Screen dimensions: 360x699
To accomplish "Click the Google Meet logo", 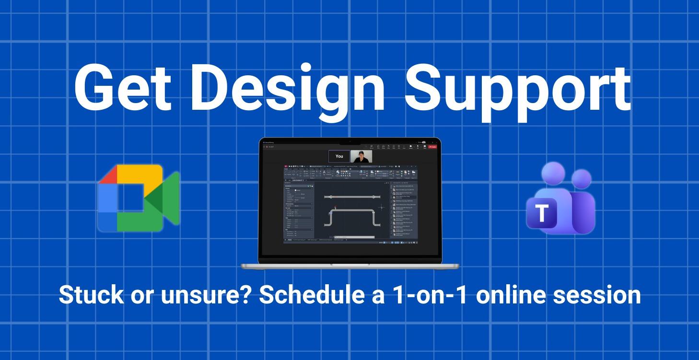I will pyautogui.click(x=138, y=198).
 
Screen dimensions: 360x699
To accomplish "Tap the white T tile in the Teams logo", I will pyautogui.click(x=542, y=213).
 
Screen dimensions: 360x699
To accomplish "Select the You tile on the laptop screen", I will pyautogui.click(x=339, y=156).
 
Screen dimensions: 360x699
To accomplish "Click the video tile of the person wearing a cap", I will pyautogui.click(x=361, y=156).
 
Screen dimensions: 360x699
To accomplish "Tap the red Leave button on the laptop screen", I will pyautogui.click(x=432, y=147).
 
